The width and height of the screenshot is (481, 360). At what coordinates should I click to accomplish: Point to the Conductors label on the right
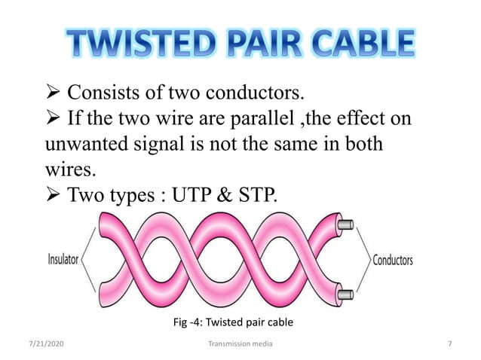[393, 261]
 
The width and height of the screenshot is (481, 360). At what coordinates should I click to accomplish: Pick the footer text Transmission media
[240, 344]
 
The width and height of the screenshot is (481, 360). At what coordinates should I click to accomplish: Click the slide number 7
[449, 344]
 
